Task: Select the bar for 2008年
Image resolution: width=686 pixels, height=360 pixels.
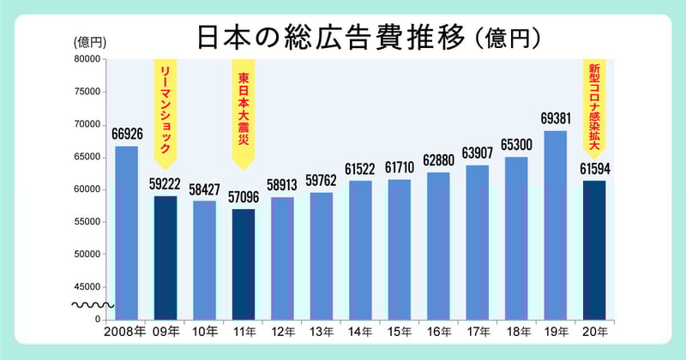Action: [126, 231]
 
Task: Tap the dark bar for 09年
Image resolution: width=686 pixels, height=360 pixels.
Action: [165, 257]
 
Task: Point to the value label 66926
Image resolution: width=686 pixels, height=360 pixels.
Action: [126, 135]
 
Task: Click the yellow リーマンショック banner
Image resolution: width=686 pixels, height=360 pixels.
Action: [165, 111]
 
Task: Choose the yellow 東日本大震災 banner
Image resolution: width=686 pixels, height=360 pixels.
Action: [244, 111]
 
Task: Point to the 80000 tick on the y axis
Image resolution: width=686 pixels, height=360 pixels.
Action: [87, 59]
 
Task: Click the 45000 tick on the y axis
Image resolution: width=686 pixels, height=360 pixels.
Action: [87, 287]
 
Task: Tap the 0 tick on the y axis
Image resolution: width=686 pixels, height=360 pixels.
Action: [99, 319]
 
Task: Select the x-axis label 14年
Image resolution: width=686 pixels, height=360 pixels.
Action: [360, 330]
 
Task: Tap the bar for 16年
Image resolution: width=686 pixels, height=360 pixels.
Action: [438, 245]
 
